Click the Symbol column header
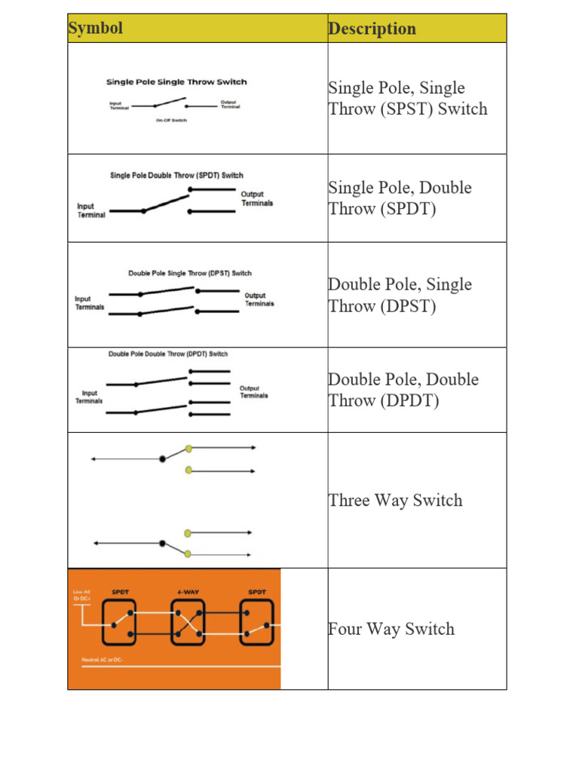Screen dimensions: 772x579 point(96,29)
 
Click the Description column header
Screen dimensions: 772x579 point(372,29)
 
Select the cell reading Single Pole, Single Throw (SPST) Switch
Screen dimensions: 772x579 point(408,99)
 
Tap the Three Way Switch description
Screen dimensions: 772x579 point(395,501)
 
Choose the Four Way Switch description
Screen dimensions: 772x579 point(391,629)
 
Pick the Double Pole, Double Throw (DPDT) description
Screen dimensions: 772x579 point(403,390)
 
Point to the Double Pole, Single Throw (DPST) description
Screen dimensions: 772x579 point(400,295)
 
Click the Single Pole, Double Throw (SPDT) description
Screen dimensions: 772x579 point(400,198)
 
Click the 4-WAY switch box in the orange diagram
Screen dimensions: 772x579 point(188,622)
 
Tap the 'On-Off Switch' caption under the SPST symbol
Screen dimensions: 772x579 point(172,121)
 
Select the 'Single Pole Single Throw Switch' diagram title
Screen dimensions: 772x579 point(176,82)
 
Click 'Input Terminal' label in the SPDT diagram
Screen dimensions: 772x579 point(91,210)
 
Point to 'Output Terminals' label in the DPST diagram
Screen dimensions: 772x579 point(259,299)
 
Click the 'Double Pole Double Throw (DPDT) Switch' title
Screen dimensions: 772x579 point(168,354)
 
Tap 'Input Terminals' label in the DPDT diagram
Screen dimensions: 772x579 point(89,397)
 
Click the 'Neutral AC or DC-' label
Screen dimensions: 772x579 point(103,660)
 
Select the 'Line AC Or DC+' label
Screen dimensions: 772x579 point(82,595)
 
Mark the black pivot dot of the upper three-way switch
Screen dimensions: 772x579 point(162,458)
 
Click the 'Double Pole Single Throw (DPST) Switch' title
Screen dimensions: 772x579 point(190,273)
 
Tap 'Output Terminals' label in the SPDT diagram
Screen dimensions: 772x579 point(257,198)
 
